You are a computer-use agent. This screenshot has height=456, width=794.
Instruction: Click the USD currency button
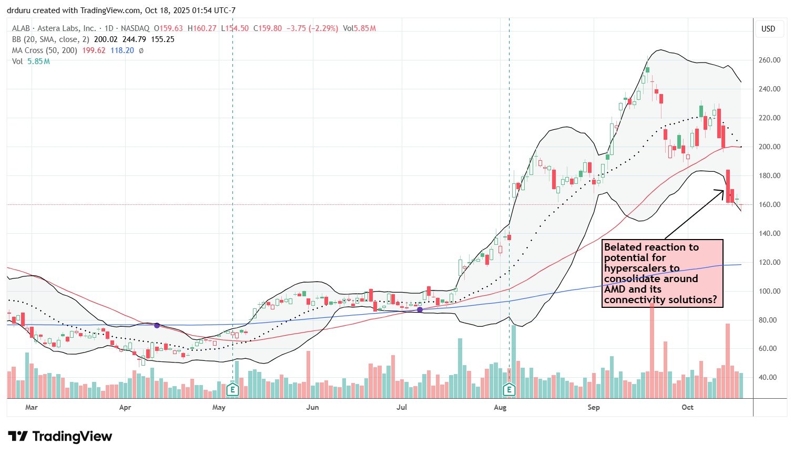click(x=768, y=29)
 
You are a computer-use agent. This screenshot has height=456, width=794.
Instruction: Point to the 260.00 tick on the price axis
click(x=769, y=60)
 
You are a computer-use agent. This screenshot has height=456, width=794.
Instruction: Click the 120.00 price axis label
click(x=769, y=262)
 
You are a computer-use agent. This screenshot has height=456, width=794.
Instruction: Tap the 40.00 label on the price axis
click(x=769, y=377)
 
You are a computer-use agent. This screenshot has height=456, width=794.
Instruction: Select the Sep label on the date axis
click(x=594, y=407)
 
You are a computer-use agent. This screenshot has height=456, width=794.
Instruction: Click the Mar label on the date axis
click(x=32, y=407)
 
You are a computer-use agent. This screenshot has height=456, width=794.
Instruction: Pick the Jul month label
click(x=402, y=407)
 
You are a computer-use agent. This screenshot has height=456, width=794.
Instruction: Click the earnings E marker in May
click(x=232, y=390)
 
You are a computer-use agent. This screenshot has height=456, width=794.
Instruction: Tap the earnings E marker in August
click(x=509, y=390)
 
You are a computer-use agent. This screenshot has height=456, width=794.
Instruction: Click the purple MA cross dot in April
click(x=157, y=326)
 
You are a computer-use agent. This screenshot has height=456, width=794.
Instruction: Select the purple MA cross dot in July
click(x=420, y=310)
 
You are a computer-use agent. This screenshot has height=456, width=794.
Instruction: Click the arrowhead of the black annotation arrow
click(x=723, y=191)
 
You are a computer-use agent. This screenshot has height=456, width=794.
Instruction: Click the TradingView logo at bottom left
click(x=60, y=437)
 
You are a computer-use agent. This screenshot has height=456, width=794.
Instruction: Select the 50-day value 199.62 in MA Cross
click(x=94, y=50)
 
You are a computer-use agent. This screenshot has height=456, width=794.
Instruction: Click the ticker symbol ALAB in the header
click(x=21, y=28)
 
